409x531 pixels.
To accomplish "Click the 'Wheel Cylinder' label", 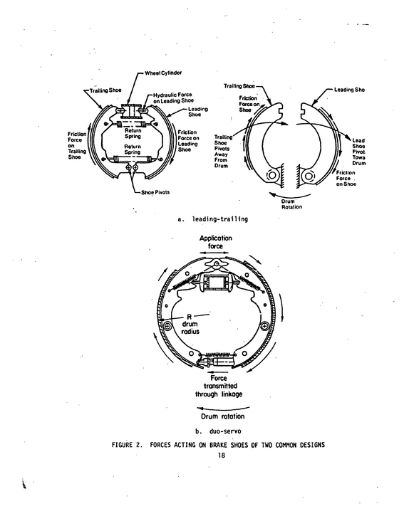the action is click(163, 73).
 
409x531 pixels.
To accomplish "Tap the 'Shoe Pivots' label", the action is click(155, 192).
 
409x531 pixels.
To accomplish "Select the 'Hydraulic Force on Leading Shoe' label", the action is click(173, 98).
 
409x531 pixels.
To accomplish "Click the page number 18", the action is click(221, 455).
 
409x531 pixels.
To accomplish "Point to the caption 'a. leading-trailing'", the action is click(212, 219).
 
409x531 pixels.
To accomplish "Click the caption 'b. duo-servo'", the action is click(218, 431).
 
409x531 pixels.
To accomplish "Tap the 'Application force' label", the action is click(216, 242).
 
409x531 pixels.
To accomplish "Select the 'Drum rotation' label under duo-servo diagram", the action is click(222, 416).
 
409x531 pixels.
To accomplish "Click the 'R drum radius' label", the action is click(190, 324).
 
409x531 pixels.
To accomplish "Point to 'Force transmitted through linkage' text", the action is click(219, 386).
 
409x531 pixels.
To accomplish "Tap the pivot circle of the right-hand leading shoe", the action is click(309, 176).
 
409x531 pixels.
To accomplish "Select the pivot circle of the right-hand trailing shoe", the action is click(271, 175).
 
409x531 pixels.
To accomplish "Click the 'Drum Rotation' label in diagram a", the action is click(291, 204).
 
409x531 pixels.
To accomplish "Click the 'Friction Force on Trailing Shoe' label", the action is click(77, 146).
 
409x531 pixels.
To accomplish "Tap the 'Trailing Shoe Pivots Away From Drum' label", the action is click(223, 152).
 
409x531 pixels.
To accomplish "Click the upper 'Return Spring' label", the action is click(133, 133).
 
